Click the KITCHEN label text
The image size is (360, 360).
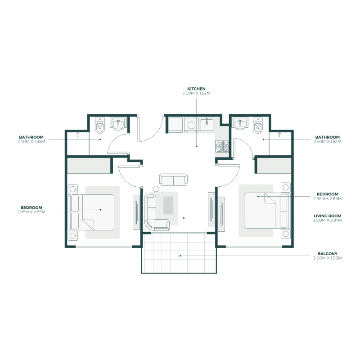pyautogui.click(x=197, y=89)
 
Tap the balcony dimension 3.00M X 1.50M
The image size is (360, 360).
pyautogui.click(x=328, y=258)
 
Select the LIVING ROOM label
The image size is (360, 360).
pyautogui.click(x=328, y=216)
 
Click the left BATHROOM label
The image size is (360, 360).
pyautogui.click(x=31, y=137)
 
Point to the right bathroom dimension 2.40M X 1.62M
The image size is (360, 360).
pyautogui.click(x=328, y=141)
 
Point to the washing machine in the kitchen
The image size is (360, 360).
pyautogui.click(x=191, y=125)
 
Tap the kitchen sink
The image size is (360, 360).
pyautogui.click(x=207, y=124)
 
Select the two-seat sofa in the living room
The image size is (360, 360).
pyautogui.click(x=173, y=180)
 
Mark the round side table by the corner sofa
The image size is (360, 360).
pyautogui.click(x=156, y=189)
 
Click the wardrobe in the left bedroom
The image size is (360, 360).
pyautogui.click(x=89, y=165)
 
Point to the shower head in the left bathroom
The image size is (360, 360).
pyautogui.click(x=78, y=134)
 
